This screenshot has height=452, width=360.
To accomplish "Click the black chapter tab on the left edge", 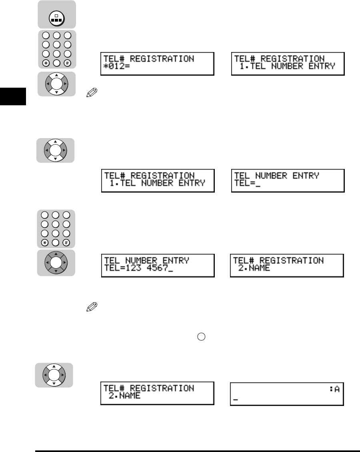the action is (x=13, y=96).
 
